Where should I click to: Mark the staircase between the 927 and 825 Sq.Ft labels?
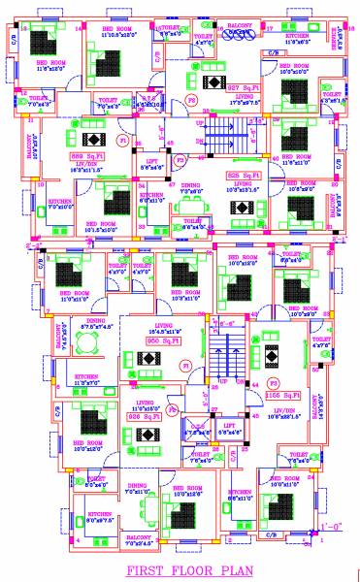pyautogui.click(x=230, y=136)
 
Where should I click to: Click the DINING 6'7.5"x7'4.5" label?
pyautogui.click(x=96, y=325)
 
